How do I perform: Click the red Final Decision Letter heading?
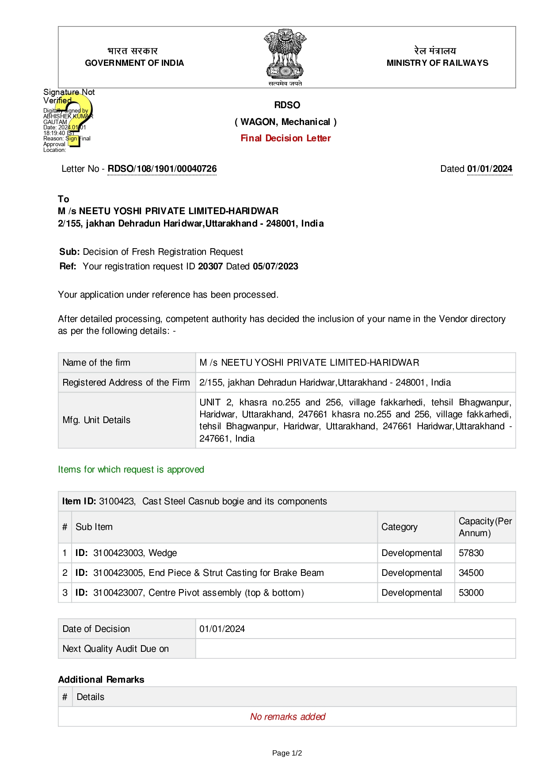pyautogui.click(x=285, y=138)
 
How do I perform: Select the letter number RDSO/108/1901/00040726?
pyautogui.click(x=162, y=169)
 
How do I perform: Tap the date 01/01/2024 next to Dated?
pyautogui.click(x=489, y=169)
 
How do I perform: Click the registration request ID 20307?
pyautogui.click(x=210, y=266)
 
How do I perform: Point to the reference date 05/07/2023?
pyautogui.click(x=275, y=266)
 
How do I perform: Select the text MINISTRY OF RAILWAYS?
pyautogui.click(x=437, y=63)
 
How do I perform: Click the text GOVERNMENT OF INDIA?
pyautogui.click(x=134, y=63)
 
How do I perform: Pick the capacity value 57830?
pyautogui.click(x=471, y=553)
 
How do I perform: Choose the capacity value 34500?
pyautogui.click(x=471, y=573)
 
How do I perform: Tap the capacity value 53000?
pyautogui.click(x=471, y=593)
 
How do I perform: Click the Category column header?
pyautogui.click(x=399, y=527)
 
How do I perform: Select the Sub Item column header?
pyautogui.click(x=94, y=527)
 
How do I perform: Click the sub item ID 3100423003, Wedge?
pyautogui.click(x=126, y=553)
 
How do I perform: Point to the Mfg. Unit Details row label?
pyautogui.click(x=96, y=420)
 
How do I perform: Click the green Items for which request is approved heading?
pyautogui.click(x=131, y=469)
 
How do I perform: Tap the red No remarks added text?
pyautogui.click(x=288, y=717)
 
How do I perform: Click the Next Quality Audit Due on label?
pyautogui.click(x=115, y=649)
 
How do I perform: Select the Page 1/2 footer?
pyautogui.click(x=287, y=753)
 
